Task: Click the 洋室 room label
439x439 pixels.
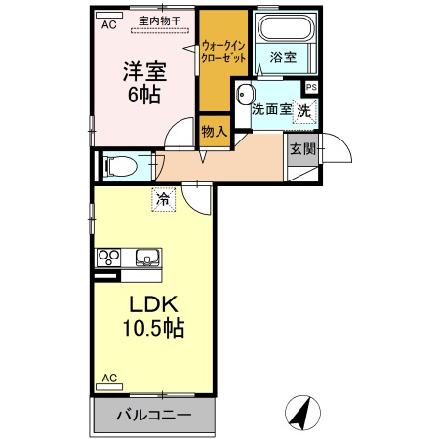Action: [144, 72]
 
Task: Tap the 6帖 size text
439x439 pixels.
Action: [144, 96]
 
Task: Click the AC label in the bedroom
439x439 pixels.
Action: [110, 26]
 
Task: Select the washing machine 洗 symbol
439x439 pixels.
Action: [304, 111]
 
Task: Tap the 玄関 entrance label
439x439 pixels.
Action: [301, 149]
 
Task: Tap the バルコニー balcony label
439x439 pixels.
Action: [153, 415]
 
